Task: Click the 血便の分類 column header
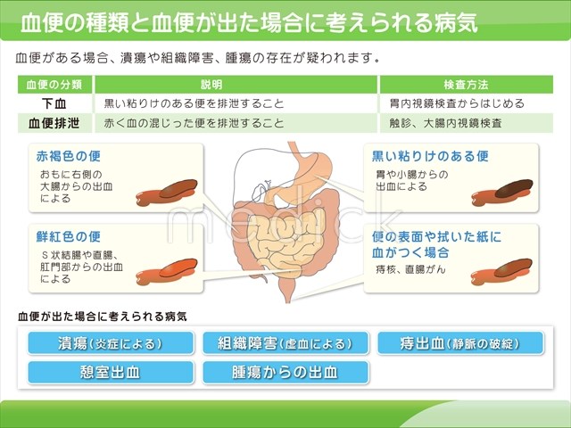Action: (x=54, y=85)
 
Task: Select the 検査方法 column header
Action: (x=466, y=85)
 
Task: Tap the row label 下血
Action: (x=54, y=103)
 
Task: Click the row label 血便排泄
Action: (x=54, y=123)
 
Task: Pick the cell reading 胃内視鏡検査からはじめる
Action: (x=457, y=103)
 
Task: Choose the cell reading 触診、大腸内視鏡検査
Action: (x=446, y=123)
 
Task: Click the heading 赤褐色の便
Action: (x=69, y=156)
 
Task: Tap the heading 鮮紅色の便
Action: (x=69, y=236)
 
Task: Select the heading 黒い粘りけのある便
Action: (x=430, y=156)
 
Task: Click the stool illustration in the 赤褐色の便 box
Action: (x=167, y=193)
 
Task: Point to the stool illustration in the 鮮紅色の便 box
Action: (x=167, y=271)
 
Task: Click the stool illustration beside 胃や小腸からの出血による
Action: (x=501, y=193)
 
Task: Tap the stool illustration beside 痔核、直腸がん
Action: (x=501, y=272)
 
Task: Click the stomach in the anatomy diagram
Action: (x=314, y=171)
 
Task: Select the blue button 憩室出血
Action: (x=111, y=373)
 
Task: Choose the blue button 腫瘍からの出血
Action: (x=285, y=373)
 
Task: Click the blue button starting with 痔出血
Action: (x=460, y=343)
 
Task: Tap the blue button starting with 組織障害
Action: (x=285, y=343)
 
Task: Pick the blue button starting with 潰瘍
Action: (x=111, y=343)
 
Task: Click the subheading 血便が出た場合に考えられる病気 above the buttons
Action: (x=103, y=317)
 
